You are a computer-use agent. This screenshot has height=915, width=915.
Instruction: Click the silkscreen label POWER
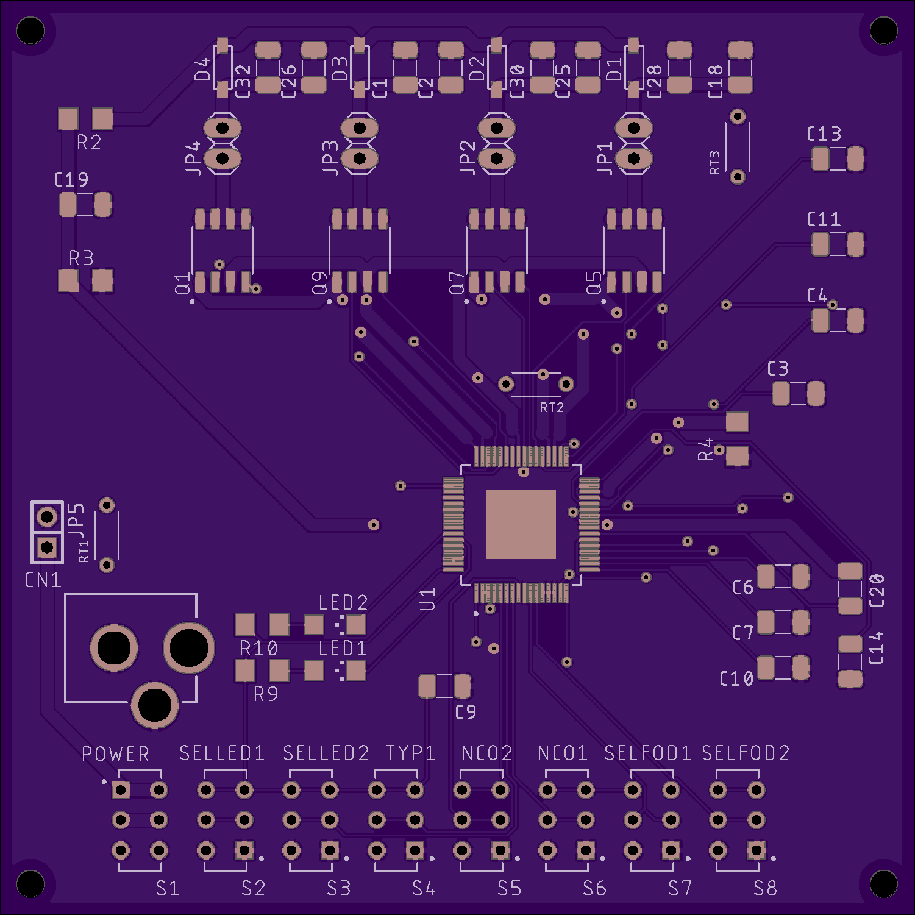click(x=115, y=754)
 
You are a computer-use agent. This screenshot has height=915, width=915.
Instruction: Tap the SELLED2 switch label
click(x=326, y=753)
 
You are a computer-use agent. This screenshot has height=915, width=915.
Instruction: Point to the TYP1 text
click(x=410, y=753)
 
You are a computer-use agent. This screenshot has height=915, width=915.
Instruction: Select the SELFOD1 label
click(x=647, y=753)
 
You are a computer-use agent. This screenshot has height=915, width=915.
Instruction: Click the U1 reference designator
click(x=427, y=599)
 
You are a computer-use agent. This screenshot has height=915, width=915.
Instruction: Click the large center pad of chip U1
click(x=521, y=524)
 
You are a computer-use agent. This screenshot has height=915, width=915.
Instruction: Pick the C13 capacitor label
click(x=824, y=134)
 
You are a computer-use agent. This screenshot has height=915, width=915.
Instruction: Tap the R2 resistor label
click(x=89, y=143)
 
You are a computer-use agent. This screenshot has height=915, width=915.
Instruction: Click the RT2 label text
click(x=552, y=408)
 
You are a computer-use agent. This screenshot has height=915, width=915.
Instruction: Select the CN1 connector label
click(x=43, y=580)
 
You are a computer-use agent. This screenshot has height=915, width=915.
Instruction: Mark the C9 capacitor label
click(x=466, y=712)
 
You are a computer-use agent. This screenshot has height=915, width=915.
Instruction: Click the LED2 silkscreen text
click(x=343, y=603)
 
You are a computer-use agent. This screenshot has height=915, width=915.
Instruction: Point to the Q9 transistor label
click(x=319, y=283)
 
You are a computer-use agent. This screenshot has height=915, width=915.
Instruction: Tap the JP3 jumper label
click(x=330, y=158)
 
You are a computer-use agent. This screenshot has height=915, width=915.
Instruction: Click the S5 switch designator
click(x=509, y=889)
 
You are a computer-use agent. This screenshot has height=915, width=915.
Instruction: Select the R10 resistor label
click(x=258, y=649)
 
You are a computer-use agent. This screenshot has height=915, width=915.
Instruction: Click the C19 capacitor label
click(x=71, y=180)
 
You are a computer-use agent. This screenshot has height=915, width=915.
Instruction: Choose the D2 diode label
click(x=477, y=69)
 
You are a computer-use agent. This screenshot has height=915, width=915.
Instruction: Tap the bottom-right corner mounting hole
click(x=884, y=884)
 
